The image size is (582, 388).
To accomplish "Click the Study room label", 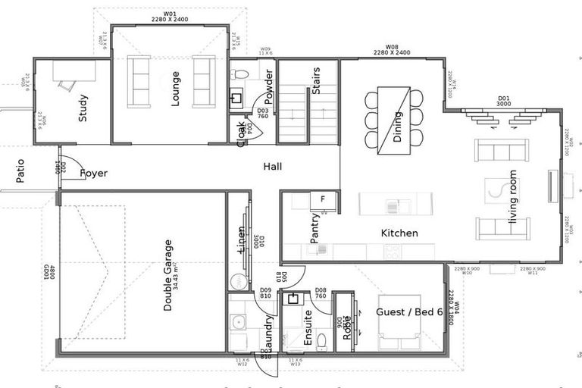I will tap(83, 108).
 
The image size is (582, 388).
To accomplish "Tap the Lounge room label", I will tap(175, 89).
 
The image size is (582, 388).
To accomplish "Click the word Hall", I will tap(273, 166).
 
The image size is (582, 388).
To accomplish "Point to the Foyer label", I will tap(93, 173).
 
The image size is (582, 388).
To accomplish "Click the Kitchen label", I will tap(399, 233).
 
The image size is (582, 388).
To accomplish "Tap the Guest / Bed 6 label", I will tap(409, 311).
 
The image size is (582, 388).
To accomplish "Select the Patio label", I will tap(20, 171).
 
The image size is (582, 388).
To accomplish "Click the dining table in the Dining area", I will tap(394, 118).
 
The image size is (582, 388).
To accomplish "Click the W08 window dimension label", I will tap(392, 50).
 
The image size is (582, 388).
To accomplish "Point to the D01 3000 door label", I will tap(503, 101).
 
